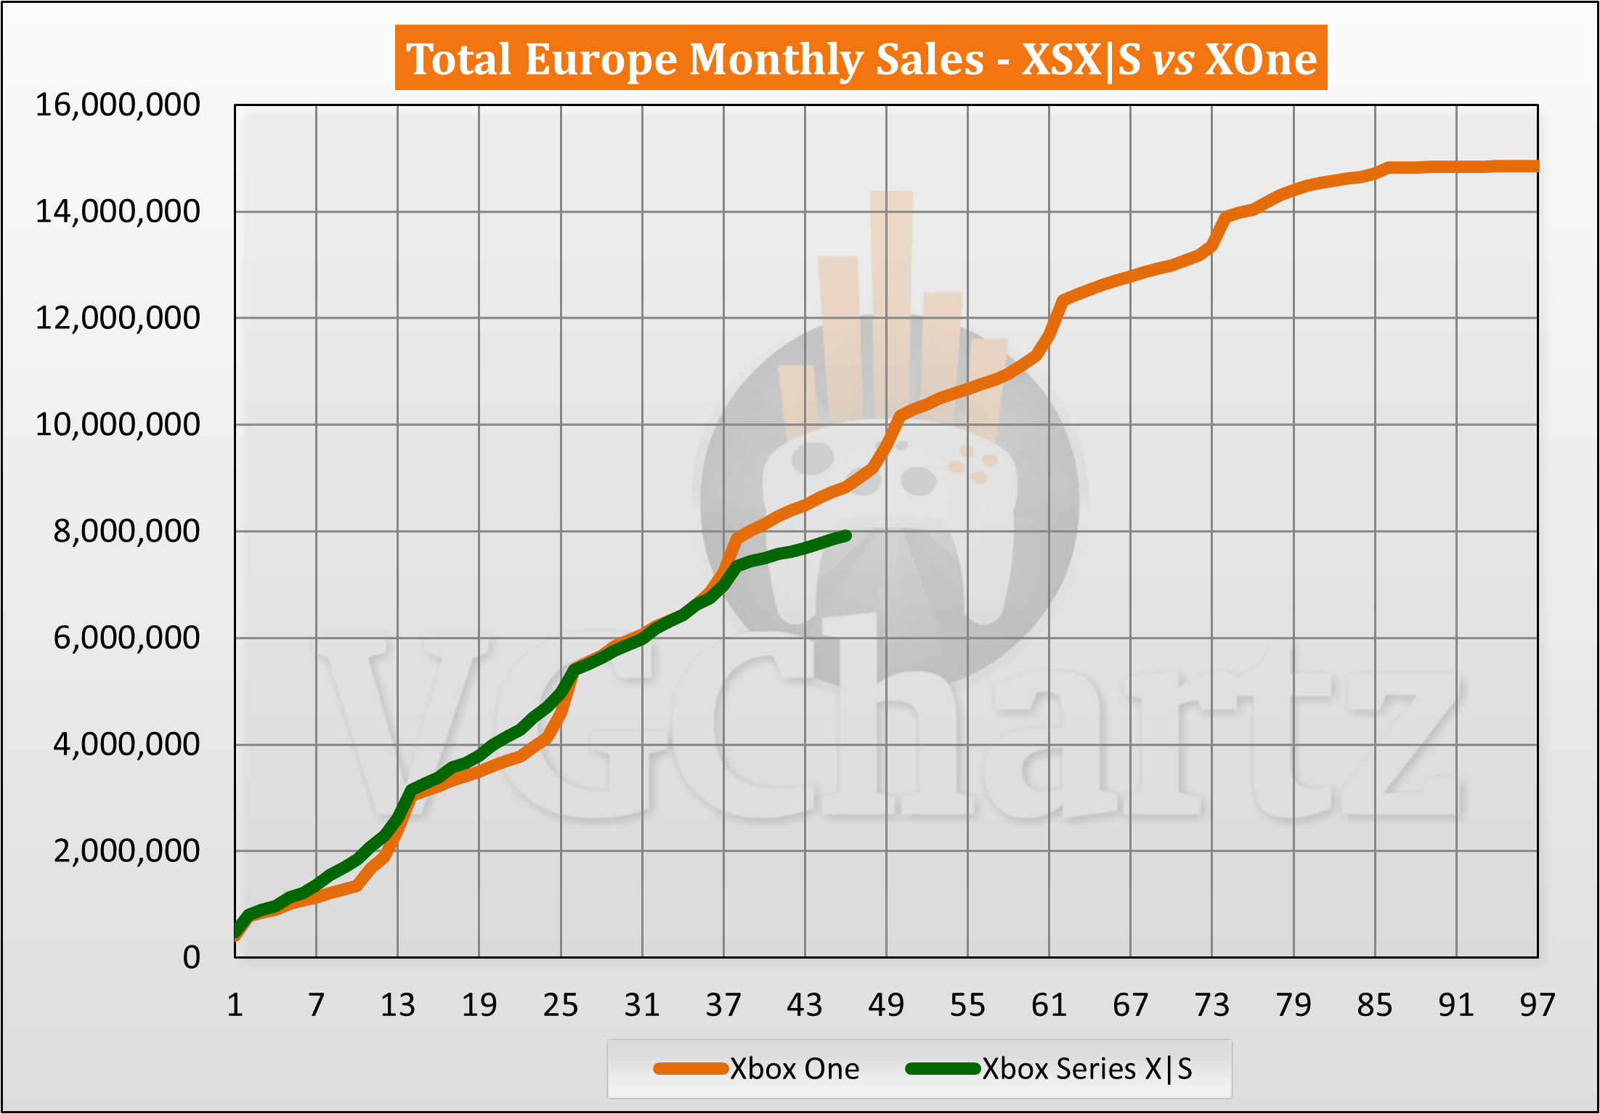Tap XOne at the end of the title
(x=1261, y=59)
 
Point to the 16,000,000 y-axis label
(x=118, y=105)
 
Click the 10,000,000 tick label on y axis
(x=118, y=425)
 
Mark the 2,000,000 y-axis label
(x=126, y=851)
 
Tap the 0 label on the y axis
(x=191, y=958)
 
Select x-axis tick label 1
(x=235, y=1006)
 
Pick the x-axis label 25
(x=561, y=1006)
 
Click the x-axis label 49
(x=886, y=1006)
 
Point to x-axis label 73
(x=1212, y=1006)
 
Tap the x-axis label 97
(x=1538, y=1006)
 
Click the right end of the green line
(x=846, y=536)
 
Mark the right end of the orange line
(x=1536, y=166)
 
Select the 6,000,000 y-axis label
(x=126, y=638)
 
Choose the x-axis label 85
(x=1375, y=1006)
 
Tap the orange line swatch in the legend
(x=690, y=1069)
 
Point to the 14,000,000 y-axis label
(x=118, y=212)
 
